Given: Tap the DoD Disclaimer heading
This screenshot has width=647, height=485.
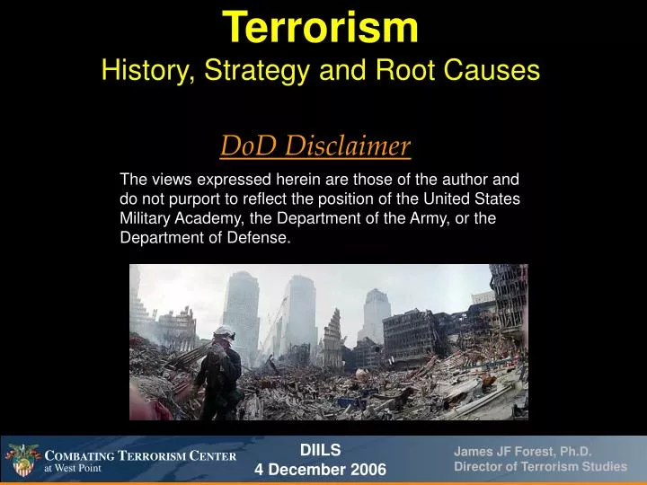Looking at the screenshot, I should [315, 145].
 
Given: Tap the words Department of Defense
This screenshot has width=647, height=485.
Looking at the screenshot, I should [205, 238].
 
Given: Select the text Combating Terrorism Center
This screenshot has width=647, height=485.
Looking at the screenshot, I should [140, 455].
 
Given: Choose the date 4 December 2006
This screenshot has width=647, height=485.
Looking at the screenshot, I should [321, 470].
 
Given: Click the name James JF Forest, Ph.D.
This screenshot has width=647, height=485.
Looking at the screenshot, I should [521, 452].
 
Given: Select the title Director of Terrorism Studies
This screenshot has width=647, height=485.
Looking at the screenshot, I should [540, 467].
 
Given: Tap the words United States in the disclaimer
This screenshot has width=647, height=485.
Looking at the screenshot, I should [480, 198].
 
